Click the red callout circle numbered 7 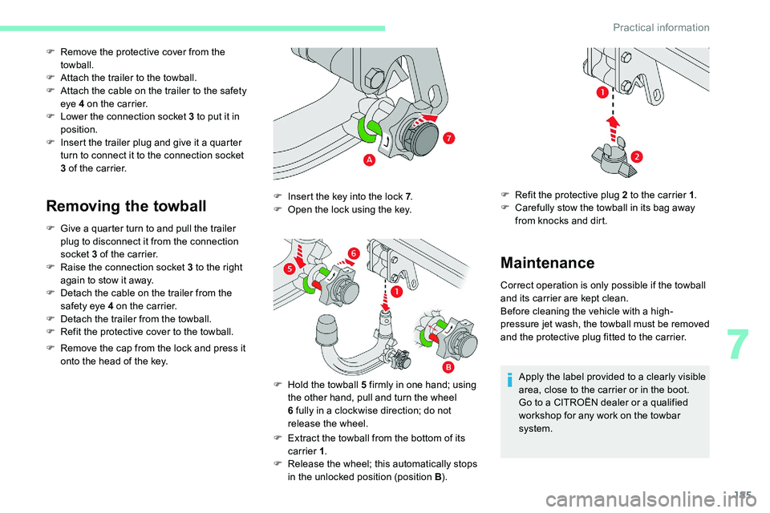point(450,139)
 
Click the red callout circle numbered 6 point(352,253)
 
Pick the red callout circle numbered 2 point(636,155)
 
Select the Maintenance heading point(547,262)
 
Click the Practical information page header point(661,27)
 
